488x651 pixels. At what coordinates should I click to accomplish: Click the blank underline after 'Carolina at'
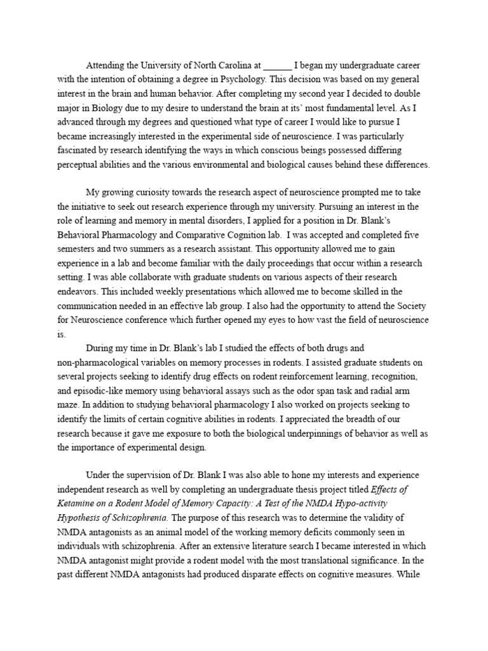(277, 66)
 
